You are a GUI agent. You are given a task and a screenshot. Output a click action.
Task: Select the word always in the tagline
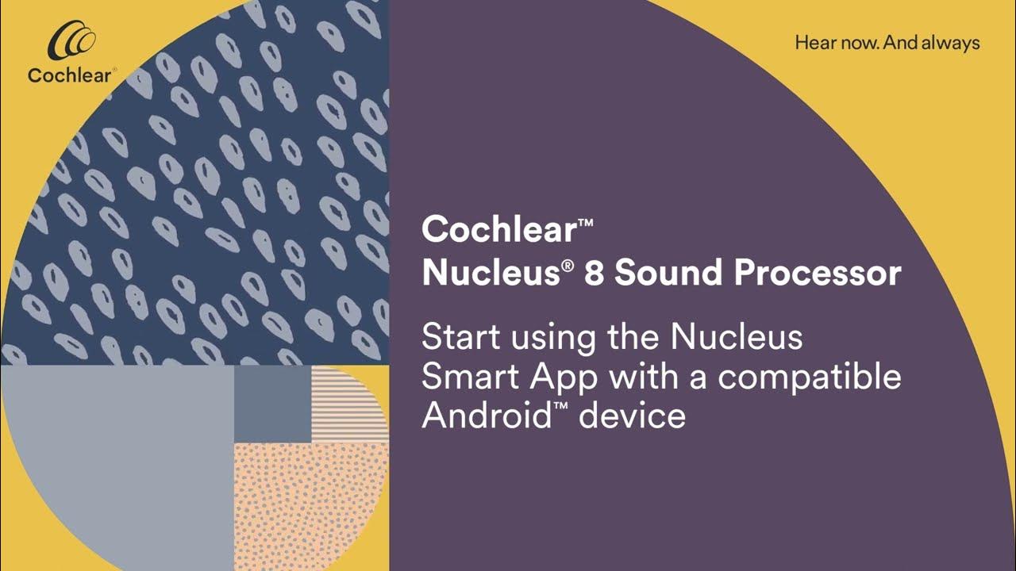(951, 44)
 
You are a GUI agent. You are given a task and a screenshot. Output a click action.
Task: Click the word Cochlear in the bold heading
(497, 230)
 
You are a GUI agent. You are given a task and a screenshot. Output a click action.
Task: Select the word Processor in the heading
(817, 274)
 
